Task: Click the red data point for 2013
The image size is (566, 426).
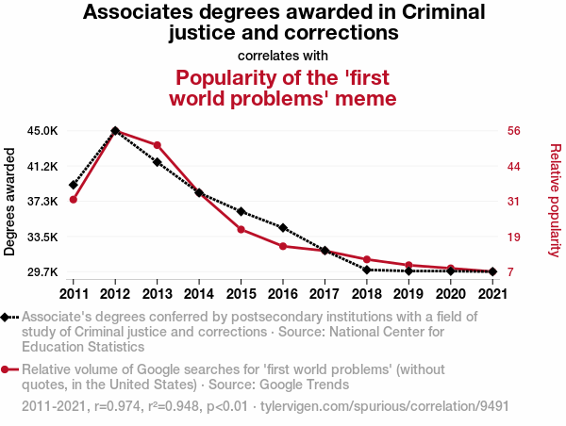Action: point(157,145)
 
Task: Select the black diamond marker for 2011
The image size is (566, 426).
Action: point(73,185)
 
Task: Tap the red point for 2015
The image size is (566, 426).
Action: point(241,230)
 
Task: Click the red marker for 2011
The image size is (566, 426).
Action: point(73,199)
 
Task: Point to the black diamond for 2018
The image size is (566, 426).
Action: point(366,270)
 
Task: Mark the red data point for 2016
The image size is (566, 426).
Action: point(283,246)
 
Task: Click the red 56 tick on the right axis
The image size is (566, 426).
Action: point(514,131)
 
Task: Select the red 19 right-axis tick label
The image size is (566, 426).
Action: point(514,237)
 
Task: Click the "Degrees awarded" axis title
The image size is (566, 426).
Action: point(10,201)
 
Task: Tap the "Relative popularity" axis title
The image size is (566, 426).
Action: point(555,201)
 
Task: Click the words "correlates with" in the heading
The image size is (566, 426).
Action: point(283,56)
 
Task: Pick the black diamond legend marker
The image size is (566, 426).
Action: point(8,318)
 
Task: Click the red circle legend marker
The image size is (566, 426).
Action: point(8,370)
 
